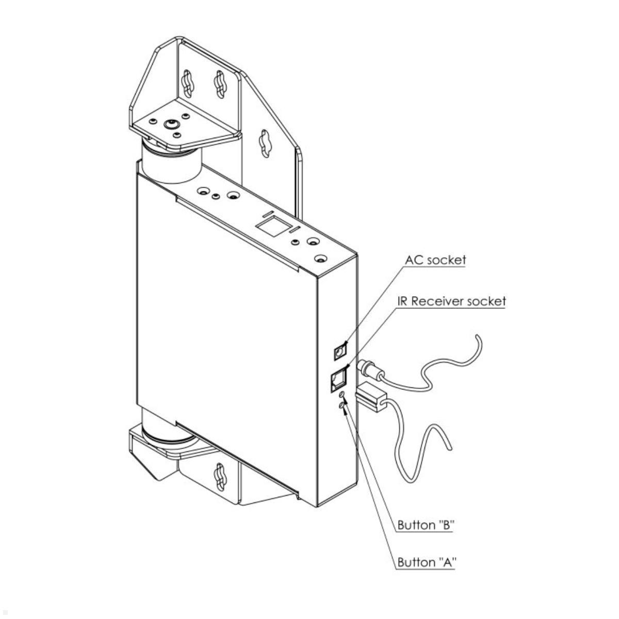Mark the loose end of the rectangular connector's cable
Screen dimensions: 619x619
(451, 449)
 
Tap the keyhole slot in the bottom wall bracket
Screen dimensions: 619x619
(220, 480)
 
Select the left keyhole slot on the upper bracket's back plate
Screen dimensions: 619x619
(187, 85)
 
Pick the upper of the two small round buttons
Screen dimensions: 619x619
(342, 395)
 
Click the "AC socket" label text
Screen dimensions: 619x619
(435, 259)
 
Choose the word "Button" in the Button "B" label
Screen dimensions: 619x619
(416, 525)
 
